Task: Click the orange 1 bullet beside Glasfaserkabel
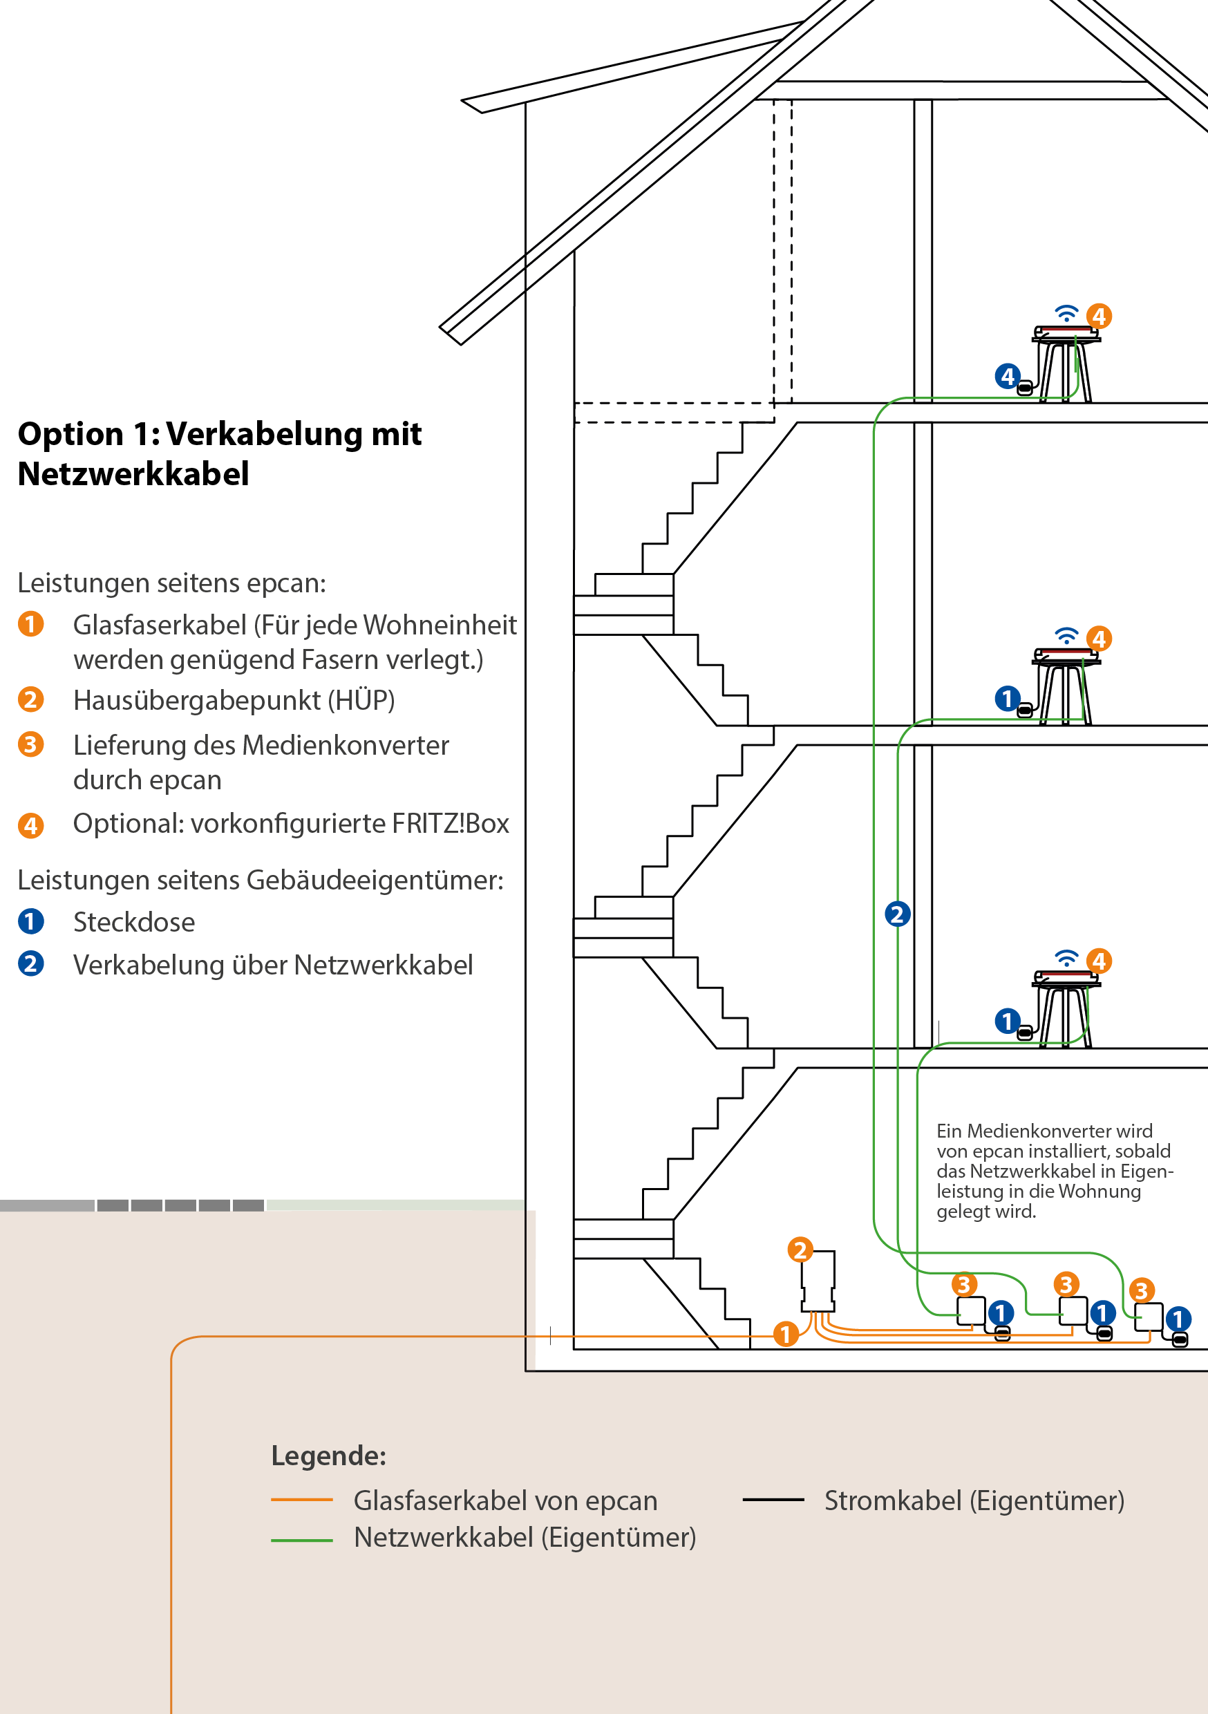click(30, 623)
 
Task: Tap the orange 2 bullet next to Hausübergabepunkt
click(30, 699)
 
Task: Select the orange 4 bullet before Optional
click(30, 825)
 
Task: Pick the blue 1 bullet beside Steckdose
click(30, 921)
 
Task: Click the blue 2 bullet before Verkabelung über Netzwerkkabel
click(30, 963)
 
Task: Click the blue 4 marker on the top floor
click(1007, 375)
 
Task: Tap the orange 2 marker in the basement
click(800, 1249)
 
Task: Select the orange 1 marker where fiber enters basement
click(784, 1333)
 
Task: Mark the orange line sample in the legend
click(301, 1500)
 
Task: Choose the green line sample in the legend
click(301, 1539)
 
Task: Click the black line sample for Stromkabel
click(773, 1500)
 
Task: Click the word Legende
click(328, 1456)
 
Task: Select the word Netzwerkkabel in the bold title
click(133, 474)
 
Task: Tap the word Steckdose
click(134, 923)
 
